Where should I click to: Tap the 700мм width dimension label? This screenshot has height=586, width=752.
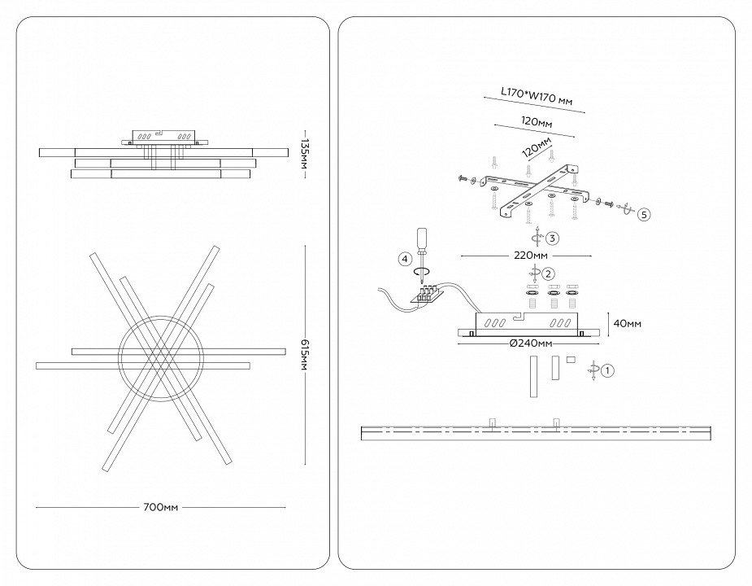point(160,507)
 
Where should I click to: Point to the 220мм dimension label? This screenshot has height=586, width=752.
point(531,256)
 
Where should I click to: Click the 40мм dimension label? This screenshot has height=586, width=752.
point(627,324)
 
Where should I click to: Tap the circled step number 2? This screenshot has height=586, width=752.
point(549,273)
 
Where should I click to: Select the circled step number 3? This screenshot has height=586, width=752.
point(552,238)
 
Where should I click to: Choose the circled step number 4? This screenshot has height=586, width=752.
point(405,259)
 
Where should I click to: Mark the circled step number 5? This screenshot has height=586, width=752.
point(643,215)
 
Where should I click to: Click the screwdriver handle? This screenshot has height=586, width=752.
point(422,238)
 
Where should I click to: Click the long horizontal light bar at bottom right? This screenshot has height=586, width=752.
point(537,432)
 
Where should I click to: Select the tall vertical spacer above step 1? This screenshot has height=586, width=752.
point(534,376)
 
